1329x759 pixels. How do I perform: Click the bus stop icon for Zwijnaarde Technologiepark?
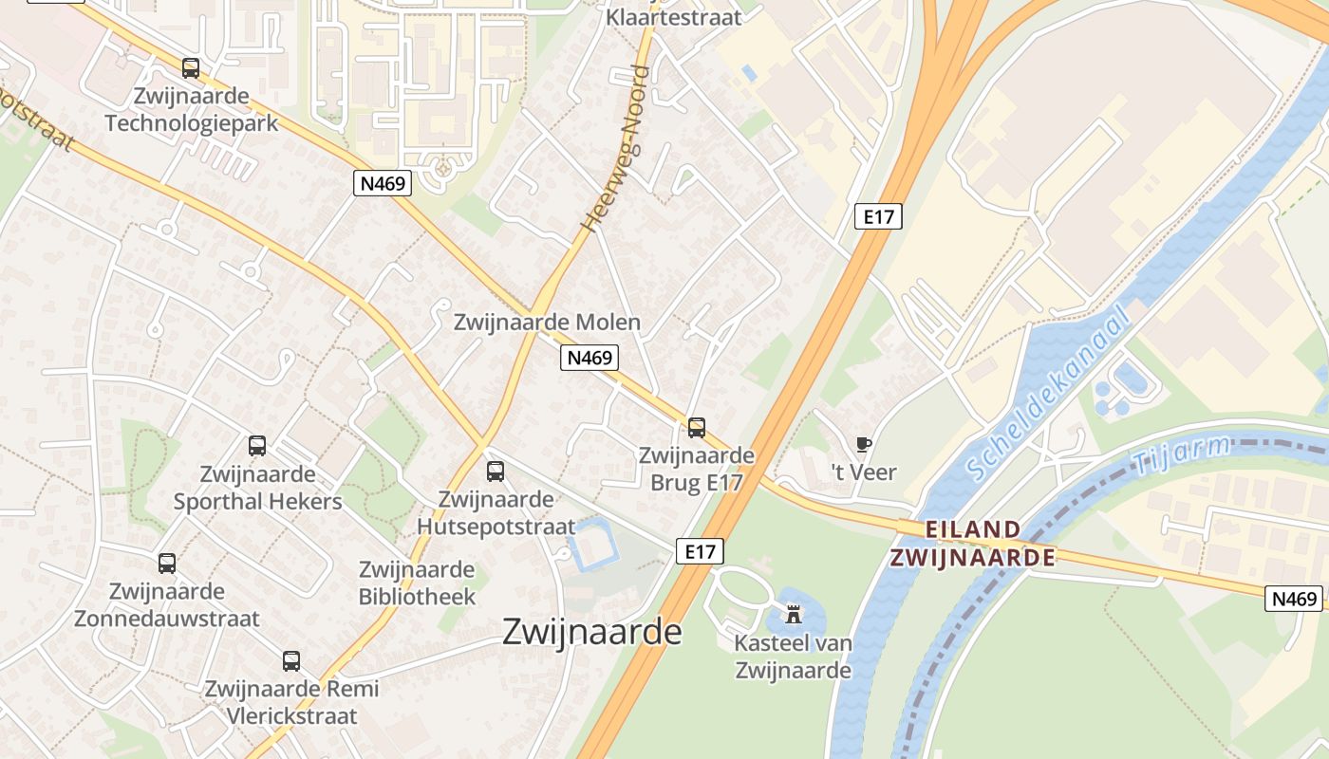[x=191, y=68]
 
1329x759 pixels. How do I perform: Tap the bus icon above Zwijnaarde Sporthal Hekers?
[x=257, y=445]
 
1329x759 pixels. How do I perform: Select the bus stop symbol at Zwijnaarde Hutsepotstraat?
[x=496, y=471]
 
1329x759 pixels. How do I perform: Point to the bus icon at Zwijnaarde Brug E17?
[x=697, y=427]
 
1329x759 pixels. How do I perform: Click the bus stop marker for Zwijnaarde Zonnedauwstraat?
[x=167, y=564]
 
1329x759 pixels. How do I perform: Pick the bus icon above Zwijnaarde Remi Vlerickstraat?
[x=291, y=661]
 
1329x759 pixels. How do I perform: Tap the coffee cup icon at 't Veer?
[x=864, y=444]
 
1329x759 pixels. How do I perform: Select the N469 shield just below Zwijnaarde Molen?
[x=590, y=358]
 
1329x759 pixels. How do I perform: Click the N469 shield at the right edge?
[x=1295, y=599]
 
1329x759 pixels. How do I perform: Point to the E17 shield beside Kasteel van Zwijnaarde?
[x=700, y=551]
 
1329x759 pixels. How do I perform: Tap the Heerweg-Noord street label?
[x=616, y=149]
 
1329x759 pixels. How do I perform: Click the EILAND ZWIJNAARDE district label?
[x=973, y=543]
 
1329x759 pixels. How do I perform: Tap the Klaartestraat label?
[x=673, y=17]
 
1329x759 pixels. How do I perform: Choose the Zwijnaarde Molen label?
[x=547, y=322]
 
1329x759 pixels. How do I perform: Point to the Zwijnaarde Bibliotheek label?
[x=417, y=583]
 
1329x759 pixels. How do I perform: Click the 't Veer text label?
[x=864, y=472]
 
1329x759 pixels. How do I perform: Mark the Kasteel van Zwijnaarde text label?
[x=794, y=657]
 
